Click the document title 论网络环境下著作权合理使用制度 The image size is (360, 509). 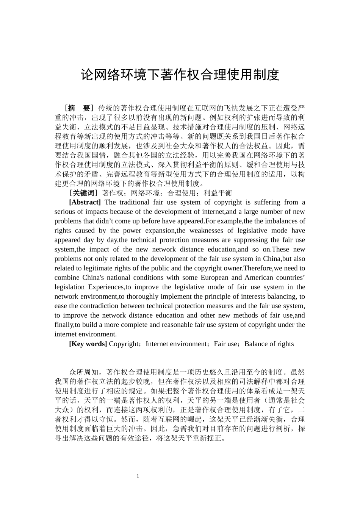(x=180, y=75)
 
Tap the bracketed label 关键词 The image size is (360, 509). (x=83, y=193)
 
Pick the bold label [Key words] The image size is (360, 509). (x=88, y=344)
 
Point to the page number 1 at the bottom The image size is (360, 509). (x=138, y=476)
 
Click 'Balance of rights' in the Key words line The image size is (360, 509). (x=269, y=344)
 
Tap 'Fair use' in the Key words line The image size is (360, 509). (x=225, y=344)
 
